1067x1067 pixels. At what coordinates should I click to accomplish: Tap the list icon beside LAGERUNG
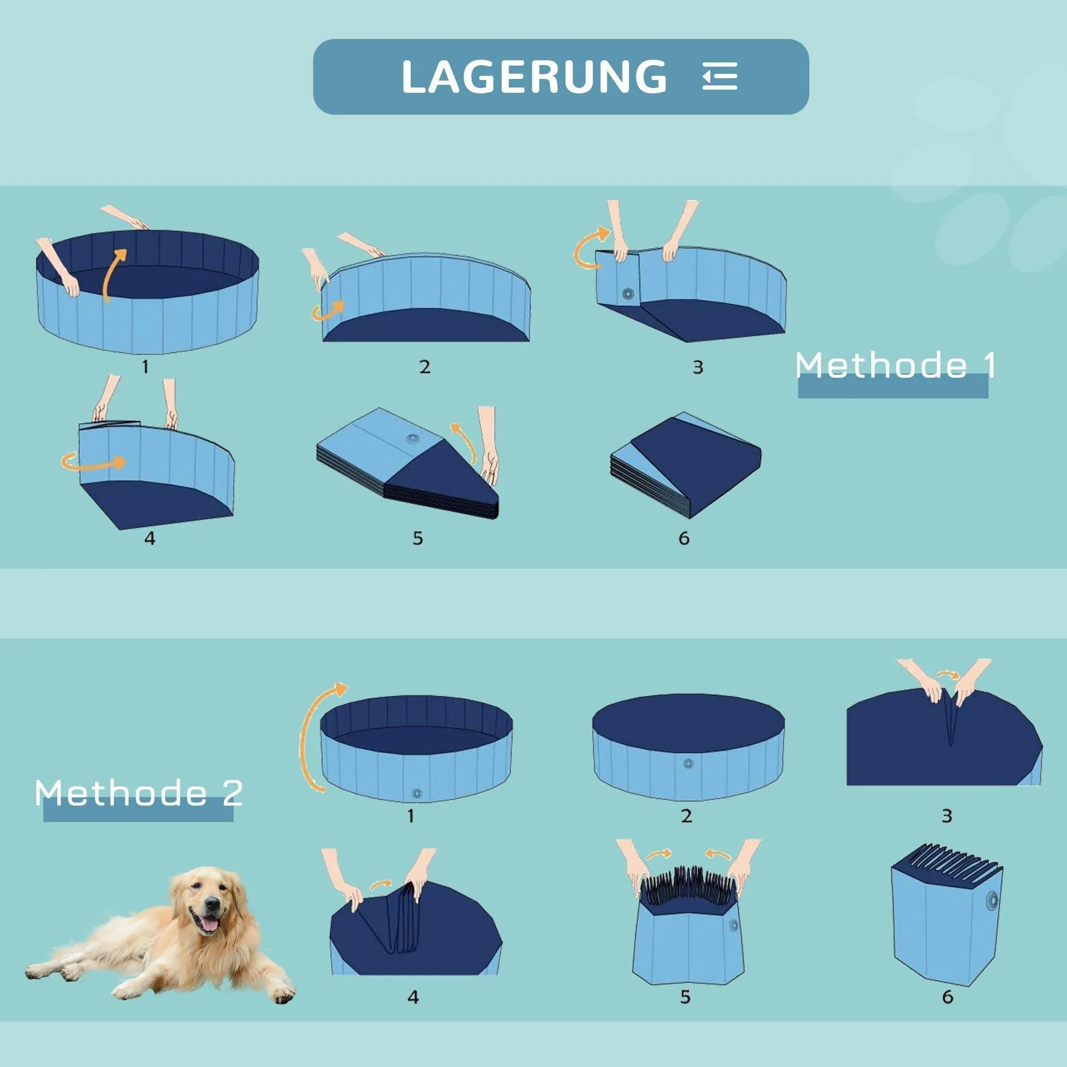coord(720,76)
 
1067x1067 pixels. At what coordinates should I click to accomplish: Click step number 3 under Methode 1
coord(697,367)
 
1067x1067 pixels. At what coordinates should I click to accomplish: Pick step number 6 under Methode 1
coord(684,538)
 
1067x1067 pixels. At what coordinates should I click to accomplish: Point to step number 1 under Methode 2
coord(410,816)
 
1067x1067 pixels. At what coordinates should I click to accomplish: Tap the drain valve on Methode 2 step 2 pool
coord(688,764)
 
